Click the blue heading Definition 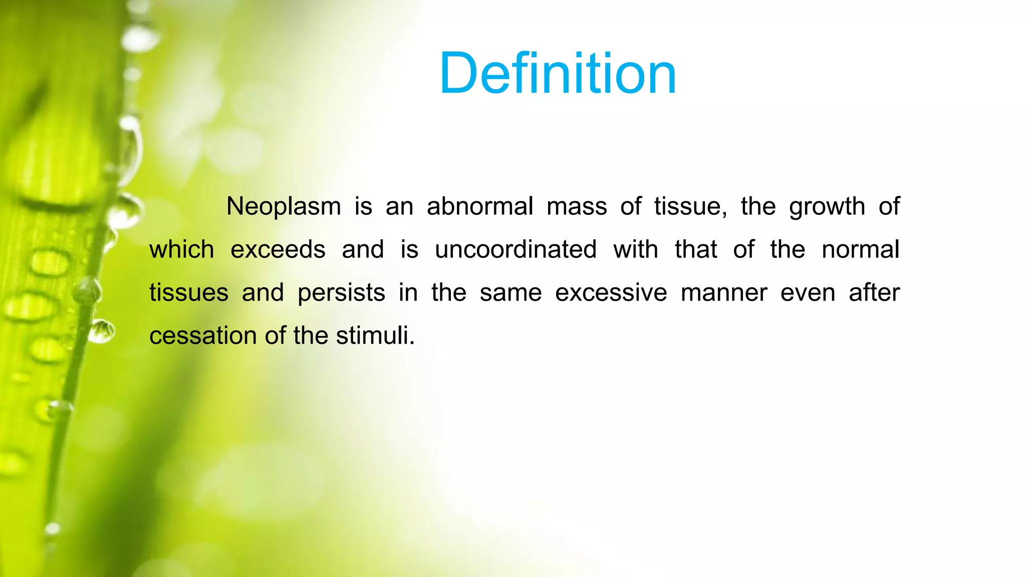point(558,74)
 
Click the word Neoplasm point(284,207)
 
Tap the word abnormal point(479,207)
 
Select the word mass point(577,207)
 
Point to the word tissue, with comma point(690,207)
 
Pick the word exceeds point(278,250)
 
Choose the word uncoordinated point(516,250)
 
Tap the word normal point(860,250)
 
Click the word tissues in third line point(189,293)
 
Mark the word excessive point(611,293)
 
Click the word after point(874,293)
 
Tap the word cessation point(203,336)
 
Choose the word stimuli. point(375,336)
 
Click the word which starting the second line point(182,250)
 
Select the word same point(510,293)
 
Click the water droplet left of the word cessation point(102,332)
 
